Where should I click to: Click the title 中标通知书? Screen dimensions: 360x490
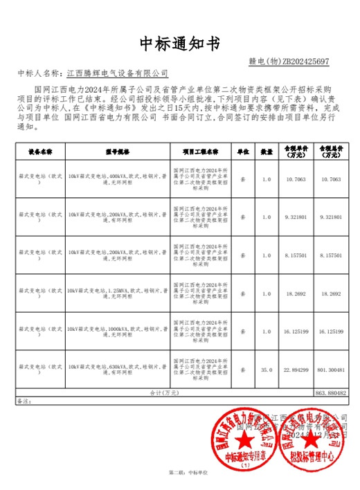tap(179, 44)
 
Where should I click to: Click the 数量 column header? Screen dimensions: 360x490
tap(267, 150)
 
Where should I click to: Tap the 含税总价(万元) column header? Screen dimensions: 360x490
tap(330, 151)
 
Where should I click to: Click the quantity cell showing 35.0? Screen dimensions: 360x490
tap(267, 370)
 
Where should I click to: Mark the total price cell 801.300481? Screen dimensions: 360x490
tap(330, 370)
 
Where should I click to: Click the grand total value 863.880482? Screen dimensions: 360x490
tap(330, 392)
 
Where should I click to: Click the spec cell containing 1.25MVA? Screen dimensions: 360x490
tap(118, 293)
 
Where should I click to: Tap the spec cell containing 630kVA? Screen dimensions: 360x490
tap(118, 370)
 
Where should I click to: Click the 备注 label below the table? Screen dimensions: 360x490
tap(24, 401)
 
